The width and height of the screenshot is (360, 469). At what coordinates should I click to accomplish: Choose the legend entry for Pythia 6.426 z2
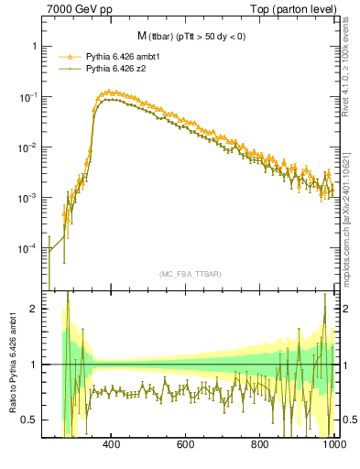[117, 68]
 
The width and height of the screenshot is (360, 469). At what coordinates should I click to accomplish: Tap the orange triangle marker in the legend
[64, 56]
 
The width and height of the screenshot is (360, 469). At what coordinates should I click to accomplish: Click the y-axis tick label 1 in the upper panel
[33, 46]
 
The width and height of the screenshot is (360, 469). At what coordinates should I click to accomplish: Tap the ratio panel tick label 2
[33, 310]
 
